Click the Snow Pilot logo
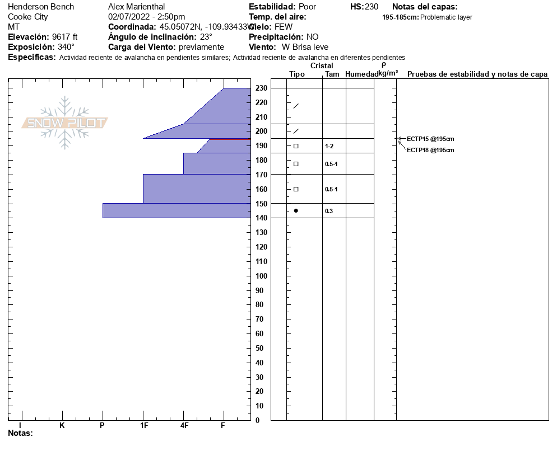(x=65, y=123)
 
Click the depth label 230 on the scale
(x=261, y=88)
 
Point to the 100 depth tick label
(x=261, y=276)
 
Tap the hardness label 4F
(x=184, y=426)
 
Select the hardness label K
(x=62, y=426)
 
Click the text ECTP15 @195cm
(x=430, y=139)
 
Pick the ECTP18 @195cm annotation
(x=430, y=150)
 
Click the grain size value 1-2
(x=329, y=146)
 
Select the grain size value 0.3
(x=329, y=211)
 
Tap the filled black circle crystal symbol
(x=296, y=210)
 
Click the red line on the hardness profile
(x=230, y=139)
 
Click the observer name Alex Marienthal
(x=136, y=7)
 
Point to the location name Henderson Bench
(x=41, y=7)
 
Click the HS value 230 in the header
(x=372, y=7)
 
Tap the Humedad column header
(x=361, y=74)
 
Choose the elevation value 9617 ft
(x=65, y=37)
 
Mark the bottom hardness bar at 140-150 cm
(x=177, y=210)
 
